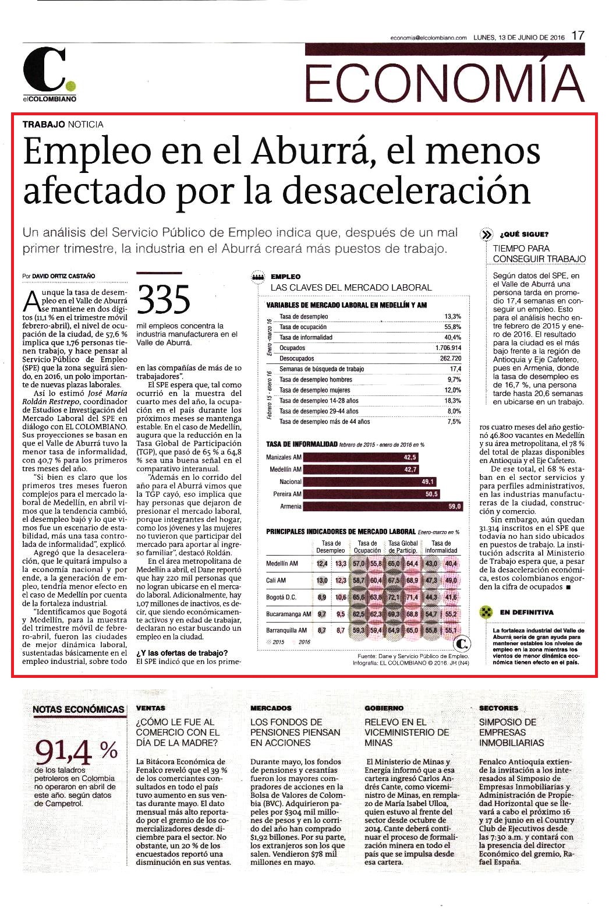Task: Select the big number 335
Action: (164, 299)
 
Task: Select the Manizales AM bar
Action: (361, 457)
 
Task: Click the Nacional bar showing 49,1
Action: (370, 482)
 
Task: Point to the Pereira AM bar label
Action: (287, 494)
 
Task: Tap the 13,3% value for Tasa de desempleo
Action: (453, 316)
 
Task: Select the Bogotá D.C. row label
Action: (281, 597)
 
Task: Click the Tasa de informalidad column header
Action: (441, 546)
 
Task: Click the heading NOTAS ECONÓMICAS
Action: (79, 709)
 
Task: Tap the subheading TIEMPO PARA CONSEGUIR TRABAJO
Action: (539, 253)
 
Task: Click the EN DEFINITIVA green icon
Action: (486, 613)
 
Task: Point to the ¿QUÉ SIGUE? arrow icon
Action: (486, 235)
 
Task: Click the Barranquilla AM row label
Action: (286, 630)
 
